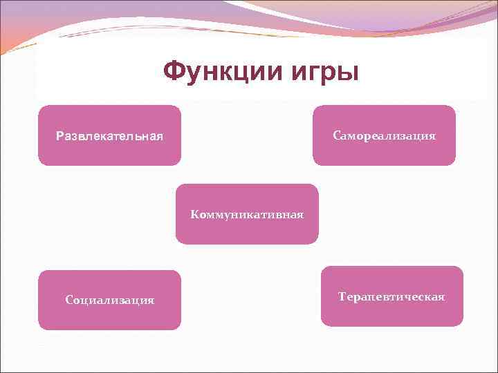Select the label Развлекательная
109,136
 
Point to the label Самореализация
385,135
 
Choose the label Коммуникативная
247,214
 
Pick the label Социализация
109,300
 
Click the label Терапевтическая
391,296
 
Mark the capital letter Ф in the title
174,70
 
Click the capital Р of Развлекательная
59,136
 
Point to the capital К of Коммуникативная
194,214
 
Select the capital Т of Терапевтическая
342,296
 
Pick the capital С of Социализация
68,300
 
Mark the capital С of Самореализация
336,135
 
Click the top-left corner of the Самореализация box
315,107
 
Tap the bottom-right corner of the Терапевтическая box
462,325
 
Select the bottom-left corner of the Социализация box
39,328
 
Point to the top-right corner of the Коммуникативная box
317,185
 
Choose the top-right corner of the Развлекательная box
180,107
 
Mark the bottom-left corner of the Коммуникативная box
177,243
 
